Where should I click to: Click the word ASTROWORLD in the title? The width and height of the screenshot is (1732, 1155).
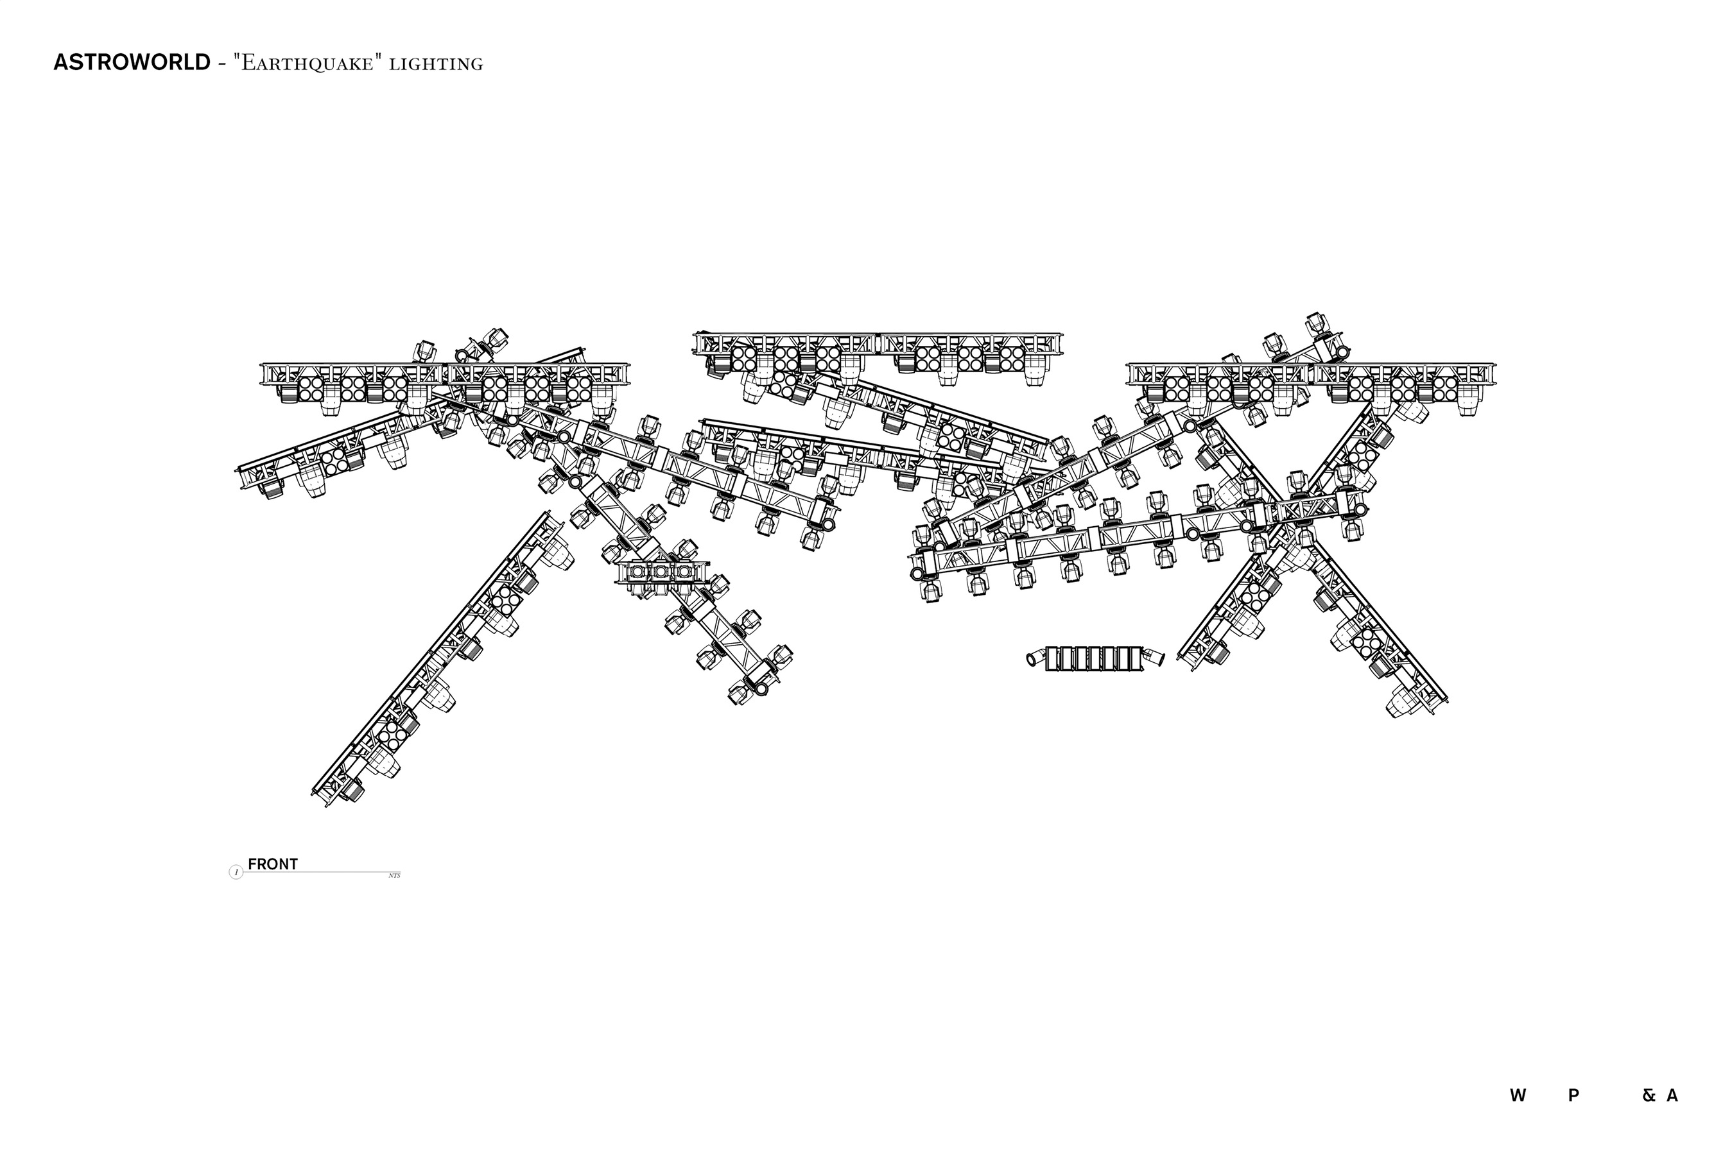(131, 63)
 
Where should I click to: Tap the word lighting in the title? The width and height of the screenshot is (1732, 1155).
(436, 64)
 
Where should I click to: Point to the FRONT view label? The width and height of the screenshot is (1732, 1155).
(273, 864)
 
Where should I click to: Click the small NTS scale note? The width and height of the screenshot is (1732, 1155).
(394, 876)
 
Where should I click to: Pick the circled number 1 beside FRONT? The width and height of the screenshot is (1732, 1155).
(236, 873)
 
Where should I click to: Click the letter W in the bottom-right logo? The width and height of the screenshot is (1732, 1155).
(1518, 1095)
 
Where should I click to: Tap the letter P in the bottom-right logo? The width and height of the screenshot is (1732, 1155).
(1573, 1095)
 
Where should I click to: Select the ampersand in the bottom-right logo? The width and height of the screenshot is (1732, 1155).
(1649, 1095)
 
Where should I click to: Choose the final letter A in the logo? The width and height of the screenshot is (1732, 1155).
(1672, 1095)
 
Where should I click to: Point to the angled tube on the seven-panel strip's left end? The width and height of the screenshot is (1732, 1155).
(1035, 657)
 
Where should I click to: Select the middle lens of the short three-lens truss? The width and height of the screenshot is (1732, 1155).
(661, 572)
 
